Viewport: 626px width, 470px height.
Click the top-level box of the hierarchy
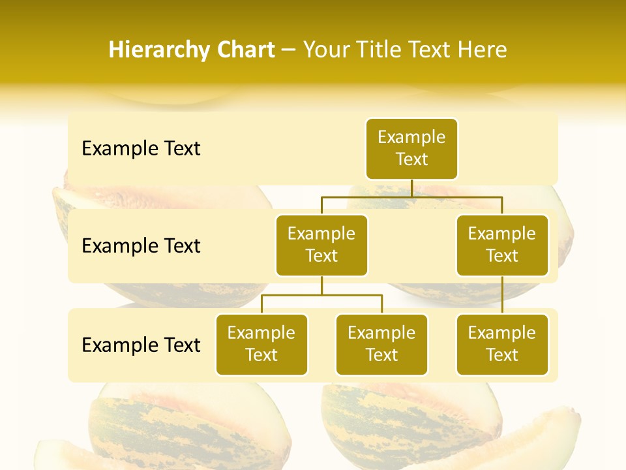[411, 148]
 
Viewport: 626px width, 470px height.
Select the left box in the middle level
[321, 245]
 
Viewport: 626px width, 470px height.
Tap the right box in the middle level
[502, 245]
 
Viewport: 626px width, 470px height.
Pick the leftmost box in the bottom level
[261, 344]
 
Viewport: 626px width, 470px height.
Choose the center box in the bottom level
[381, 344]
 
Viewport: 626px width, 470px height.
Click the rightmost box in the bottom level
[502, 344]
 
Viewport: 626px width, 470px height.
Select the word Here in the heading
[483, 50]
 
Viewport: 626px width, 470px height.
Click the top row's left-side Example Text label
[141, 149]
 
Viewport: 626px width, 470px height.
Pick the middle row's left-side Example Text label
[141, 245]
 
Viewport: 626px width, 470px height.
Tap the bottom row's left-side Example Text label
[141, 345]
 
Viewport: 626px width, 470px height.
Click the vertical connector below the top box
[411, 188]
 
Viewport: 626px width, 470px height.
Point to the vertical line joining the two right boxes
[502, 295]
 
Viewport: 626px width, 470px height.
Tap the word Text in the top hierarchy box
[411, 159]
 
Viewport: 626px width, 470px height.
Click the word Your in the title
[326, 50]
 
